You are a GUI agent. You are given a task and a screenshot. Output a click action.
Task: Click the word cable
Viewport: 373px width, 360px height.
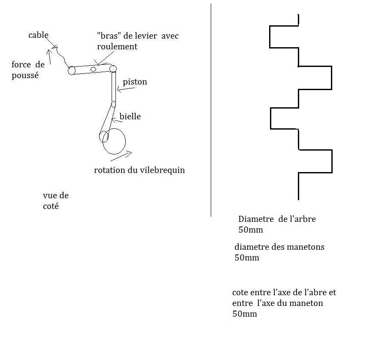pyautogui.click(x=38, y=35)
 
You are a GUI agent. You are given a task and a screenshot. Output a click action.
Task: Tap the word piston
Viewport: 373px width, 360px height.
pyautogui.click(x=135, y=82)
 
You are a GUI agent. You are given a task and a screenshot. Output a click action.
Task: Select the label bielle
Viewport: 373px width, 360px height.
pyautogui.click(x=130, y=116)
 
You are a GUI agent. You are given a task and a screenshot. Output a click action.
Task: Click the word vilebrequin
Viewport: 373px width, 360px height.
pyautogui.click(x=162, y=170)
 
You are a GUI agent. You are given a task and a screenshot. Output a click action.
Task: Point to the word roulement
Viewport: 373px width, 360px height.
pyautogui.click(x=117, y=46)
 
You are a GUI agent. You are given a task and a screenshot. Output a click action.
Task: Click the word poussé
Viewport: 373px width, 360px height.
pyautogui.click(x=25, y=76)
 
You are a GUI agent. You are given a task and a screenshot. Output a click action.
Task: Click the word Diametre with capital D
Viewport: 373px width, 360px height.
pyautogui.click(x=256, y=219)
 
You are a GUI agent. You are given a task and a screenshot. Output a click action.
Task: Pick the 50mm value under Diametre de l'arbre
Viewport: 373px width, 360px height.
pyautogui.click(x=251, y=230)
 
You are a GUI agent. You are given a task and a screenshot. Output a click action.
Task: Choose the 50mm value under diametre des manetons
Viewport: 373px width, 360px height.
pyautogui.click(x=247, y=258)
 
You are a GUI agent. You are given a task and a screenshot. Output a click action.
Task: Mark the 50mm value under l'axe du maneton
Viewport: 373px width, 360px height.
pyautogui.click(x=245, y=314)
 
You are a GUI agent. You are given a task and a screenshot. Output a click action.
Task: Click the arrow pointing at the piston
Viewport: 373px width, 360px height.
pyautogui.click(x=124, y=89)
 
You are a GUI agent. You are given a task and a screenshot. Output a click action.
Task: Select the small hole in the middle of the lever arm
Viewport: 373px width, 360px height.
pyautogui.click(x=93, y=69)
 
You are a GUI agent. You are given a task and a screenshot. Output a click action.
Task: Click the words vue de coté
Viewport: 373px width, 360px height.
pyautogui.click(x=55, y=201)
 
